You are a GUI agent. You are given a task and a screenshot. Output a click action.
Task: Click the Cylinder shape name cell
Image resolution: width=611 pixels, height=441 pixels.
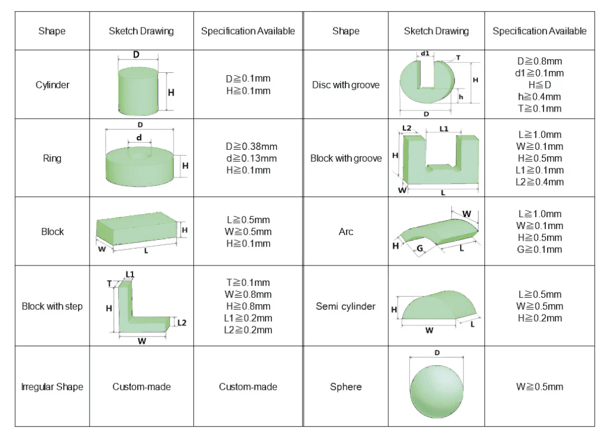tap(53, 85)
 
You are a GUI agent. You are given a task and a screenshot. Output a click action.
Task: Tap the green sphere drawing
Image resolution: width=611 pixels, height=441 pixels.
tap(436, 391)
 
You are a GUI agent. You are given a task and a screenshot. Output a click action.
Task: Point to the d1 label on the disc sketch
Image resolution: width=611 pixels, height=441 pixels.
tap(425, 53)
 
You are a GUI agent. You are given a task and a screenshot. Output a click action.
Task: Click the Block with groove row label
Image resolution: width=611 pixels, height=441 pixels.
tap(345, 158)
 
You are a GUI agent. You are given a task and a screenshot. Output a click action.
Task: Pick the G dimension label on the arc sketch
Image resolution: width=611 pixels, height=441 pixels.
tap(419, 248)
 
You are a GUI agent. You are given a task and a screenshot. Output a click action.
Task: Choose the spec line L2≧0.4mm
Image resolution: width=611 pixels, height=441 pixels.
tap(539, 182)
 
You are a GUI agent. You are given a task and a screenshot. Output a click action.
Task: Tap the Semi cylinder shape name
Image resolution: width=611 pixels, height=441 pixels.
tap(345, 306)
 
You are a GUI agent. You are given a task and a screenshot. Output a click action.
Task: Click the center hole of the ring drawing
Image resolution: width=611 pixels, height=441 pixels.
tap(139, 155)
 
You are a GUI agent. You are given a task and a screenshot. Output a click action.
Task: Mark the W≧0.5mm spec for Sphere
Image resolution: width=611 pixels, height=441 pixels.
tap(539, 387)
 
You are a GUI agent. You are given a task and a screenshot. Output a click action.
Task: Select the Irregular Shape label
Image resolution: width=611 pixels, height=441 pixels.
tap(53, 387)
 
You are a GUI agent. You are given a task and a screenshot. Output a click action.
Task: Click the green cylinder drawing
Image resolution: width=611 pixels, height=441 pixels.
tap(138, 91)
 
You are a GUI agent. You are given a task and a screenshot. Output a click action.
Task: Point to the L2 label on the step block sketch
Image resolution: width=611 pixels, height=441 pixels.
tap(181, 323)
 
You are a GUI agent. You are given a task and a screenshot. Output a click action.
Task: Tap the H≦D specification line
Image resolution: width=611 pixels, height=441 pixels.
tap(539, 85)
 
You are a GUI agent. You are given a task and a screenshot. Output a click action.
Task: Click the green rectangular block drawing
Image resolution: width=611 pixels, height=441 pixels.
tap(137, 229)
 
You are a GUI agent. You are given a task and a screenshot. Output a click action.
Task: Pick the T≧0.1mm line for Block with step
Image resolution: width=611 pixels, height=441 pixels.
tap(248, 282)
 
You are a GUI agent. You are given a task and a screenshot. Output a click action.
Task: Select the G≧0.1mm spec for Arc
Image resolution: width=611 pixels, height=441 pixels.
tap(539, 249)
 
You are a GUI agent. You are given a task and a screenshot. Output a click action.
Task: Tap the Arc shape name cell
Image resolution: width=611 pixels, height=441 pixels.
tap(345, 232)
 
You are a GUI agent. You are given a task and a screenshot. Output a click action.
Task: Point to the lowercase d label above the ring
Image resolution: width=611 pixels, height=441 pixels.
tap(139, 137)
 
